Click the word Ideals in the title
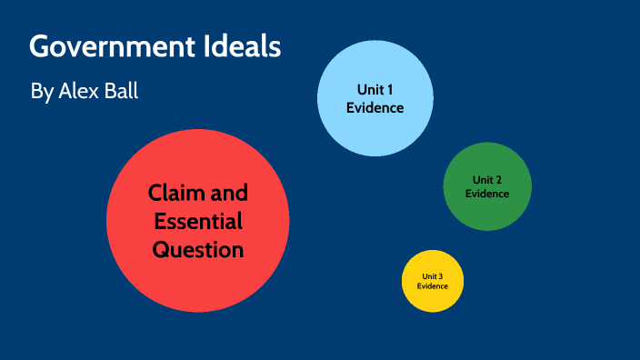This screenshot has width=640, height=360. [x=247, y=47]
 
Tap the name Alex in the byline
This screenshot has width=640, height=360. [x=80, y=91]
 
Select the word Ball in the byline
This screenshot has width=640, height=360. [x=123, y=91]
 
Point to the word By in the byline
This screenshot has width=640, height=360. [x=42, y=92]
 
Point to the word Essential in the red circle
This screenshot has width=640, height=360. [x=197, y=221]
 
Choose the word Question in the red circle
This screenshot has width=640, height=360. [x=197, y=248]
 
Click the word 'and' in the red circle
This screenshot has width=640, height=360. [x=228, y=194]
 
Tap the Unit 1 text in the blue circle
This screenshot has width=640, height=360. [x=374, y=89]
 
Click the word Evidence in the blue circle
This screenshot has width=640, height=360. [x=374, y=107]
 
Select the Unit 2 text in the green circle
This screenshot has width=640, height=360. [x=487, y=179]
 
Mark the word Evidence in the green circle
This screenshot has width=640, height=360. [x=487, y=193]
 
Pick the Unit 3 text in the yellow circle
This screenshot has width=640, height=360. [x=433, y=275]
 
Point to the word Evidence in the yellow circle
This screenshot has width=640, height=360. [x=433, y=286]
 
